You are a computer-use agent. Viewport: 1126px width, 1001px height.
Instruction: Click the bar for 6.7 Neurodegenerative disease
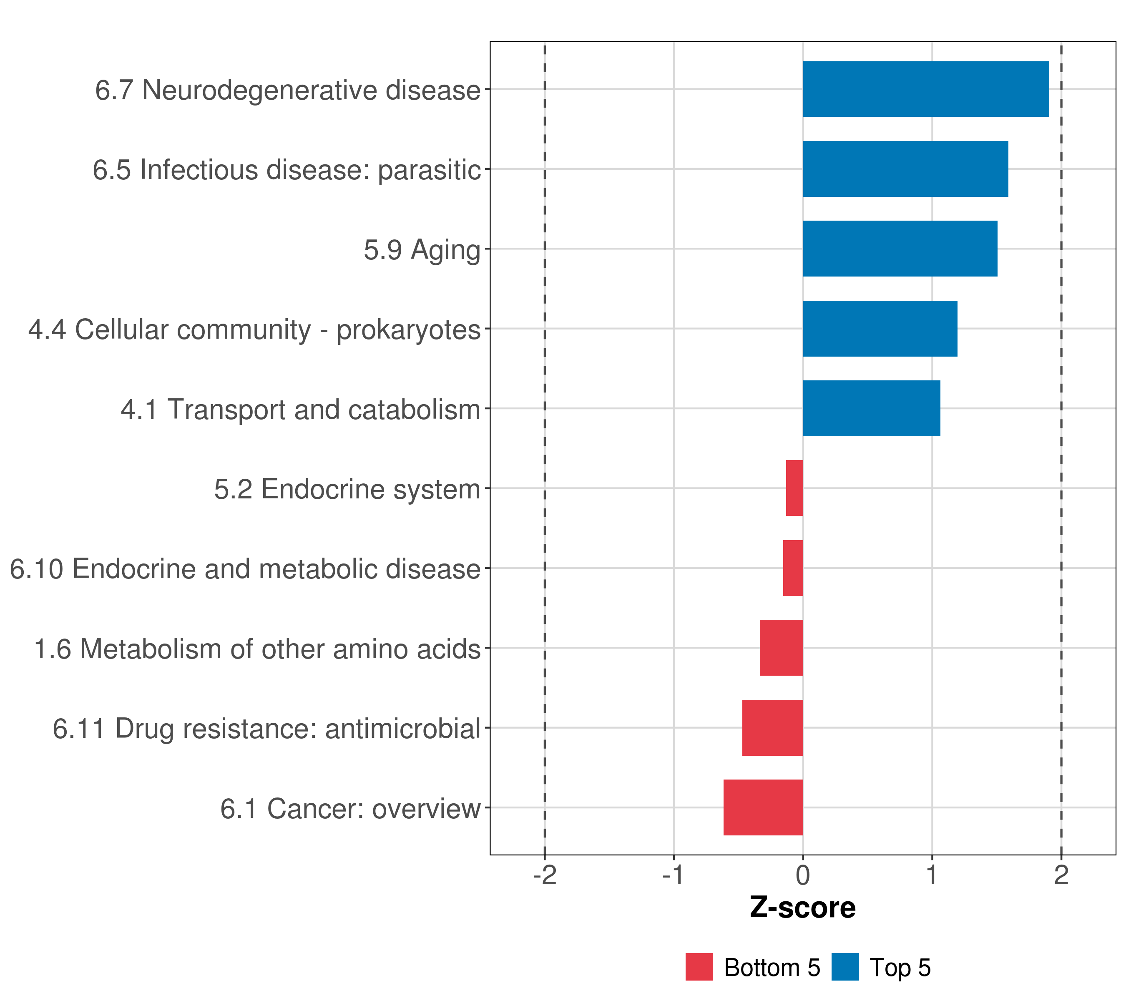(925, 89)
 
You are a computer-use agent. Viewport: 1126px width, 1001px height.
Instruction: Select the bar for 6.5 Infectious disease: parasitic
(905, 169)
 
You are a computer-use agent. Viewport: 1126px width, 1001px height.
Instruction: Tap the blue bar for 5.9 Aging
(900, 249)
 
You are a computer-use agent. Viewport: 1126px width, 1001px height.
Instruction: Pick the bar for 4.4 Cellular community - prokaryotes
(880, 329)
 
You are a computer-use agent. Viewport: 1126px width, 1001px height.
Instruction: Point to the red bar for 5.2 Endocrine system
(794, 488)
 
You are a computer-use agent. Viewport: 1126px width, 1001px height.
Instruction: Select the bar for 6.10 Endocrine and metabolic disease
(793, 568)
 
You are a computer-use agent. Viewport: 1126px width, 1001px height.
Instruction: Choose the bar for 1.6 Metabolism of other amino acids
(781, 648)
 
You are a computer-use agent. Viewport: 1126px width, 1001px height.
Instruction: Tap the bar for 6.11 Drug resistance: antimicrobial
(772, 728)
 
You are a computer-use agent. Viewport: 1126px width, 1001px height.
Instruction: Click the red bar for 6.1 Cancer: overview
(763, 807)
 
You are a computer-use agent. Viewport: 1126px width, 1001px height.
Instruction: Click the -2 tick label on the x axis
(545, 875)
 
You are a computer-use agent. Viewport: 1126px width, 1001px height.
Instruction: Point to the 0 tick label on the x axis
(803, 875)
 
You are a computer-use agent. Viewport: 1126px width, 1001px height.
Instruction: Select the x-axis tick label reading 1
(932, 875)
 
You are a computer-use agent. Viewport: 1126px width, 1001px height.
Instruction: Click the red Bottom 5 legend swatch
(699, 967)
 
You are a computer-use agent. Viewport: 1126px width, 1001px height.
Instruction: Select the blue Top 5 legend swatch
(845, 967)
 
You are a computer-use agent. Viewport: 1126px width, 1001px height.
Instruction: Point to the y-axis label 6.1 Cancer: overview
(350, 809)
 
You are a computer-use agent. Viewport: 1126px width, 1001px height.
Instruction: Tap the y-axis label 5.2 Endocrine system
(347, 489)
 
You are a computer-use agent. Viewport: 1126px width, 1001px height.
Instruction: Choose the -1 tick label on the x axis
(673, 875)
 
